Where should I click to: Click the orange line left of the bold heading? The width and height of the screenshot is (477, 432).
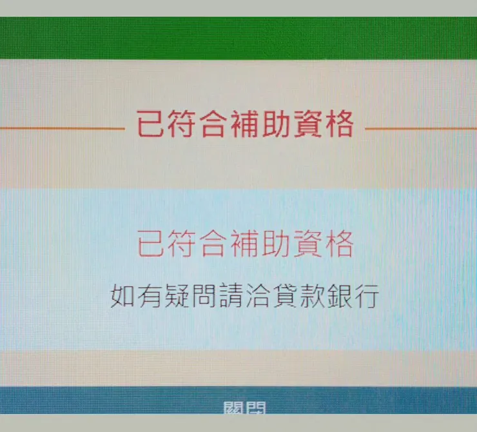(x=61, y=128)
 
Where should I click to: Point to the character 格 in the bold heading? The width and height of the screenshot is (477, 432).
(x=338, y=124)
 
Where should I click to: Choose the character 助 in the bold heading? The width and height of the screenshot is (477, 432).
(x=276, y=124)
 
